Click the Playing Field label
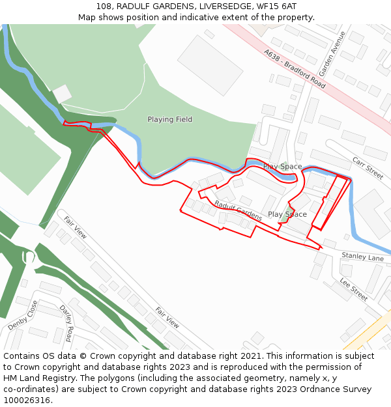pos(169,119)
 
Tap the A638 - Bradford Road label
pos(295,69)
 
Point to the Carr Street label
pos(368,168)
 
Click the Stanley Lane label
pos(362,258)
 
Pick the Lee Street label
pos(354,289)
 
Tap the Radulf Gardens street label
pos(238,210)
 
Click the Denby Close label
pos(23,315)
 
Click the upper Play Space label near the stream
pos(282,167)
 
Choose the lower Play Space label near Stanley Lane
pos(287,214)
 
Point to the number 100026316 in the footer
pos(27,400)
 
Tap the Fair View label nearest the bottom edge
pos(167,316)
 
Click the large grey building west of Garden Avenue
pos(210,64)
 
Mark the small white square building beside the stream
pos(62,94)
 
